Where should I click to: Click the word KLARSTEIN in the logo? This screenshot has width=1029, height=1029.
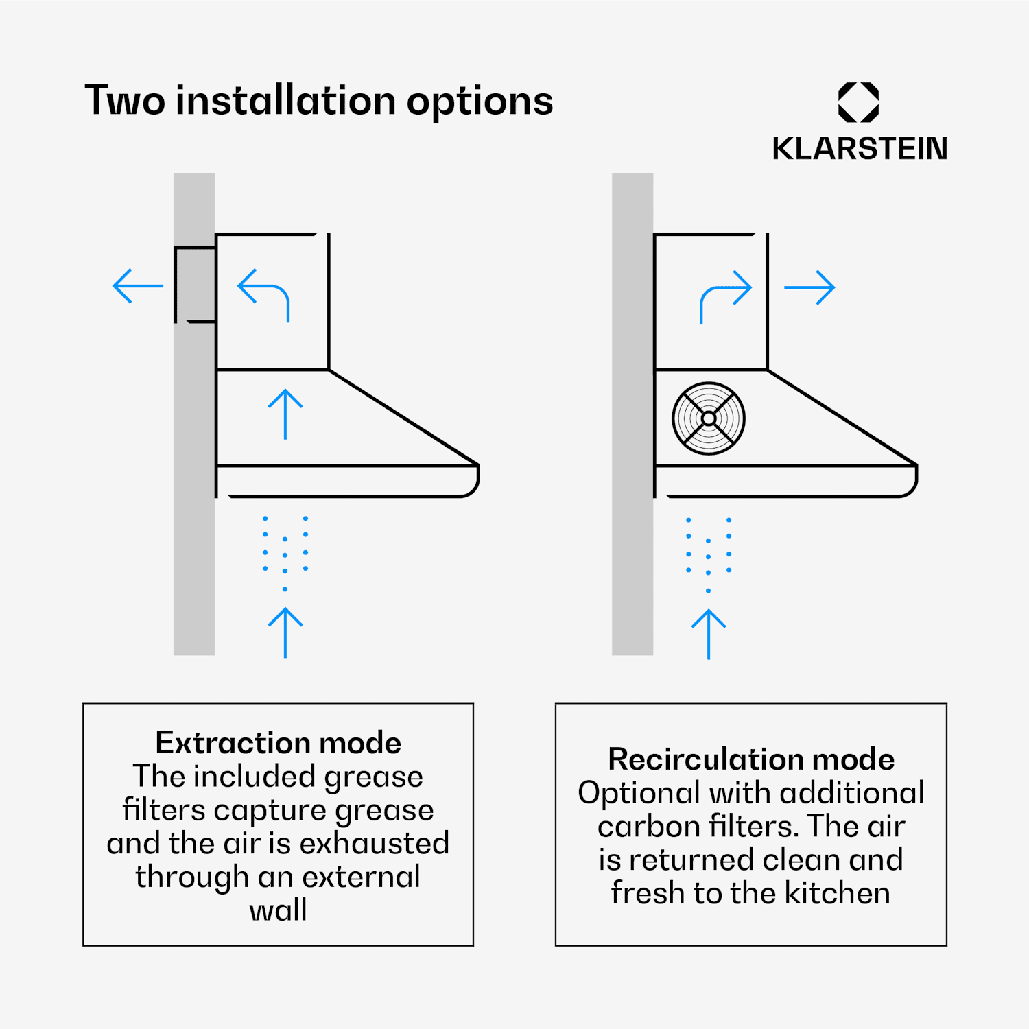(860, 148)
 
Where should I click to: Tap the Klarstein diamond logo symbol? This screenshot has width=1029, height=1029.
(859, 103)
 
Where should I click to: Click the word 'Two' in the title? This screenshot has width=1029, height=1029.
(124, 101)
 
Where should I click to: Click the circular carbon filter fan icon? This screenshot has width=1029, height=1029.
(709, 418)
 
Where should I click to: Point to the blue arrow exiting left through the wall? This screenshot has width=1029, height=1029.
(138, 286)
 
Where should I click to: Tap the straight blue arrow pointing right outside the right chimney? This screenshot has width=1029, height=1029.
(809, 287)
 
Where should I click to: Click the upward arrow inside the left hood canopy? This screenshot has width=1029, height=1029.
(285, 414)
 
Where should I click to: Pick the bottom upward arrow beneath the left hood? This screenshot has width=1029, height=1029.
(285, 632)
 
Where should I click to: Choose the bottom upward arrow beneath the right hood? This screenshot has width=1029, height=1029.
(709, 635)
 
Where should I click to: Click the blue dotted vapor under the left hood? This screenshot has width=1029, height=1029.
(285, 553)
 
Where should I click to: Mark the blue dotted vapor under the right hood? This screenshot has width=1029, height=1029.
(709, 555)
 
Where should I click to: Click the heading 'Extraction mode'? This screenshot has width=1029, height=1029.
(279, 743)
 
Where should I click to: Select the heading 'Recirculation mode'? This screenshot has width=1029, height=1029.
(751, 759)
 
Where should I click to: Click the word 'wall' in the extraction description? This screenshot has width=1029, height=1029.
(278, 910)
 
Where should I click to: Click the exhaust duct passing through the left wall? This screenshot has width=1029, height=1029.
(196, 284)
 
